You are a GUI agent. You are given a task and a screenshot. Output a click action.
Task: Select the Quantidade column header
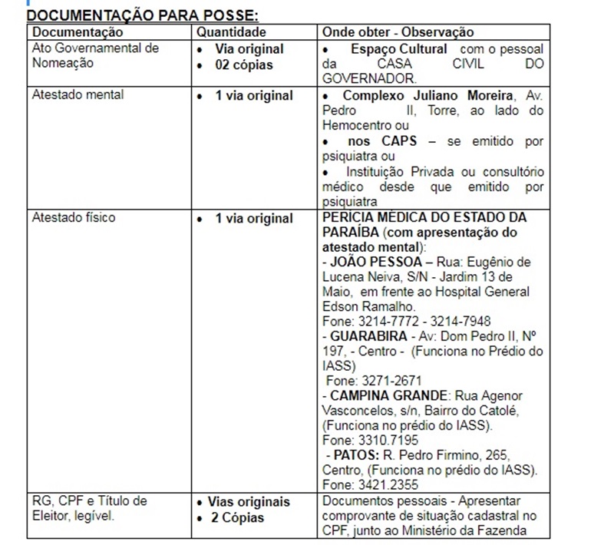pyautogui.click(x=232, y=32)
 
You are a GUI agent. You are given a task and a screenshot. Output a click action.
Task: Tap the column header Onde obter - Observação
pyautogui.click(x=398, y=32)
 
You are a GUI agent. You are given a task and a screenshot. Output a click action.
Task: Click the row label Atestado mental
pyautogui.click(x=78, y=95)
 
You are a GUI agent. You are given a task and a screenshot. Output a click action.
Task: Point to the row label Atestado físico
pyautogui.click(x=74, y=217)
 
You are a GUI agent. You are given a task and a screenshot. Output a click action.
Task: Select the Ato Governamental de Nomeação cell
pyautogui.click(x=95, y=56)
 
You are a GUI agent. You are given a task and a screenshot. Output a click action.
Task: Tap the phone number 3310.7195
pyautogui.click(x=391, y=440)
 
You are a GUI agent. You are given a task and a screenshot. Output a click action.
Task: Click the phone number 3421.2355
pyautogui.click(x=391, y=484)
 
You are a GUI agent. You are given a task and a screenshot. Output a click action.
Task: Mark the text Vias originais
pyautogui.click(x=249, y=502)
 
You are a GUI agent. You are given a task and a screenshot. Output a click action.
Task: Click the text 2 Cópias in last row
pyautogui.click(x=239, y=517)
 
